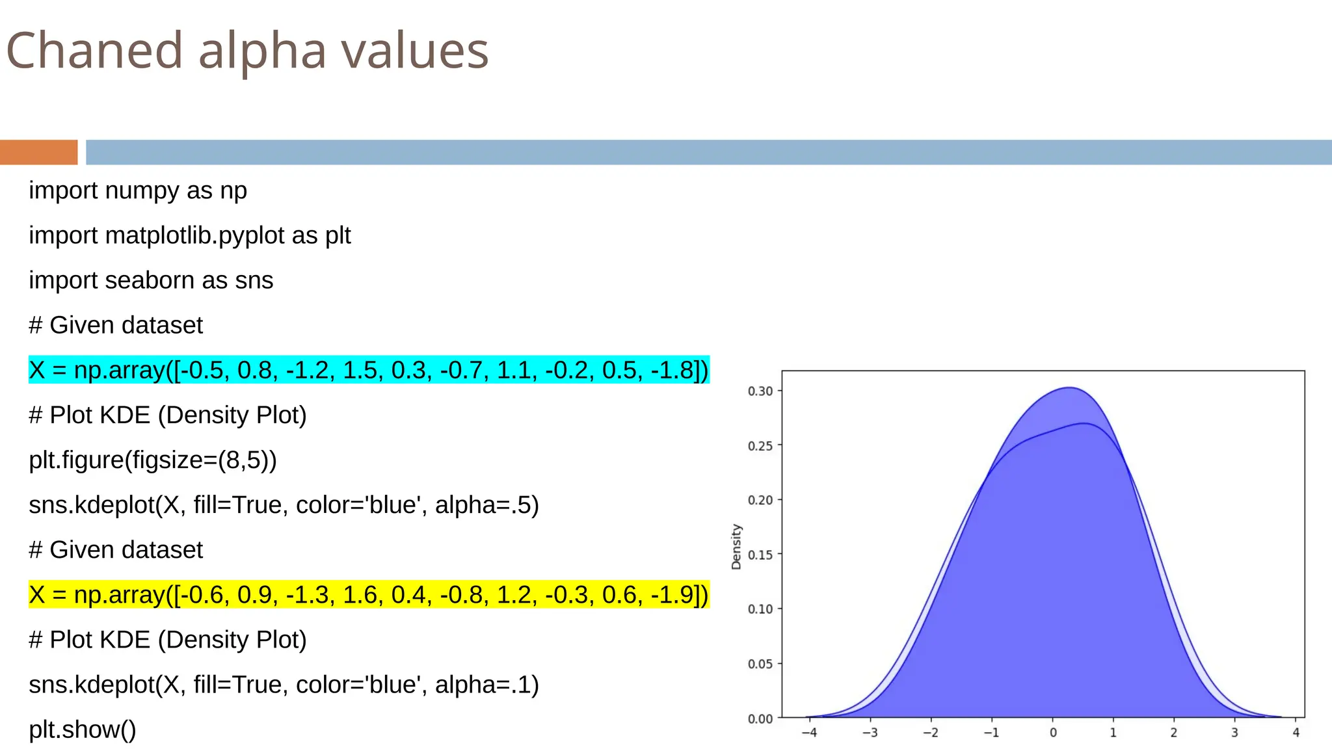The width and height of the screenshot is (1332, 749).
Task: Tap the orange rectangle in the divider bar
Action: pyautogui.click(x=38, y=152)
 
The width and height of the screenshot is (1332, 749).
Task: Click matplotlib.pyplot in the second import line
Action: pyautogui.click(x=195, y=235)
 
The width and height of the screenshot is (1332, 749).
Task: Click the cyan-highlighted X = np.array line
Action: pyautogui.click(x=368, y=370)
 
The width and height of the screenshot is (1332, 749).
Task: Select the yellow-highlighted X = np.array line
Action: pyautogui.click(x=368, y=595)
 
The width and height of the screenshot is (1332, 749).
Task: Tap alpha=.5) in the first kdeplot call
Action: pyautogui.click(x=486, y=505)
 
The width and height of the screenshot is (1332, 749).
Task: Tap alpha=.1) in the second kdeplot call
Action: pyautogui.click(x=486, y=685)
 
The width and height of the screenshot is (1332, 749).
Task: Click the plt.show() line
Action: pyautogui.click(x=83, y=729)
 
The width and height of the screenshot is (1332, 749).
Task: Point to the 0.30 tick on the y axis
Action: pyautogui.click(x=760, y=391)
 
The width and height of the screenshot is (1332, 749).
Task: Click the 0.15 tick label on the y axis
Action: pyautogui.click(x=760, y=555)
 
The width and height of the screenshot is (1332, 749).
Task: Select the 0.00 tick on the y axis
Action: pyautogui.click(x=760, y=719)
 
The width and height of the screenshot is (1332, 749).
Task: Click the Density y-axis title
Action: pyautogui.click(x=736, y=547)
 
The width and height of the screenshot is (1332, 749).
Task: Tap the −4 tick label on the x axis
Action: pyautogui.click(x=809, y=733)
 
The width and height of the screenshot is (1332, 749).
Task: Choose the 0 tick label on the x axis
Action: pyautogui.click(x=1053, y=733)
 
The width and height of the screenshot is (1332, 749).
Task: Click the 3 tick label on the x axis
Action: pyautogui.click(x=1234, y=733)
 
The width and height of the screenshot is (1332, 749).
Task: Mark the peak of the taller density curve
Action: pyautogui.click(x=1069, y=388)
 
